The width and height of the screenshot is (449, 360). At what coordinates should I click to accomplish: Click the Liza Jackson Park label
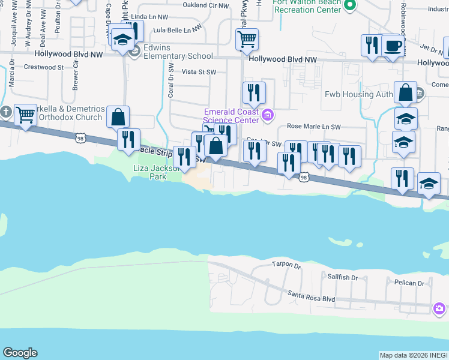(x=149, y=173)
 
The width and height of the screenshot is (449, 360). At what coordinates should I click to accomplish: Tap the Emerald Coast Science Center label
(x=232, y=116)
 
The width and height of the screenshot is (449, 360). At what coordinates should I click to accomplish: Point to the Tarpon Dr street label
(x=285, y=265)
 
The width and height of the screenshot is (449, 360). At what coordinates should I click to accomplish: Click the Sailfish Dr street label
(x=342, y=278)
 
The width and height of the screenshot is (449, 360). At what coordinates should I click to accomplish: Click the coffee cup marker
(x=393, y=46)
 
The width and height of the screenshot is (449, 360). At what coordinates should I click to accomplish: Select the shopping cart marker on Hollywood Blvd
(x=247, y=40)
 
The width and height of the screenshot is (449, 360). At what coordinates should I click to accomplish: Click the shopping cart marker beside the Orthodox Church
(x=25, y=114)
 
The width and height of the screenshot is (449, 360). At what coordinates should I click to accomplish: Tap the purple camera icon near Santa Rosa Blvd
(x=439, y=308)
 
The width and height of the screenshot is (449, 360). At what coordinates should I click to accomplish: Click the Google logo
(x=20, y=353)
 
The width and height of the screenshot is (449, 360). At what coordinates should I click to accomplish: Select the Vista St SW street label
(x=198, y=72)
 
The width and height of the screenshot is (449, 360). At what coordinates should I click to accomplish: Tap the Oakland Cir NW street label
(x=206, y=5)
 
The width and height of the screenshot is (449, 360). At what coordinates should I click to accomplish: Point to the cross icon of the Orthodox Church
(x=6, y=112)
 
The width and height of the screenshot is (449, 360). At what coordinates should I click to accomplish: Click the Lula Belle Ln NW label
(x=175, y=29)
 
